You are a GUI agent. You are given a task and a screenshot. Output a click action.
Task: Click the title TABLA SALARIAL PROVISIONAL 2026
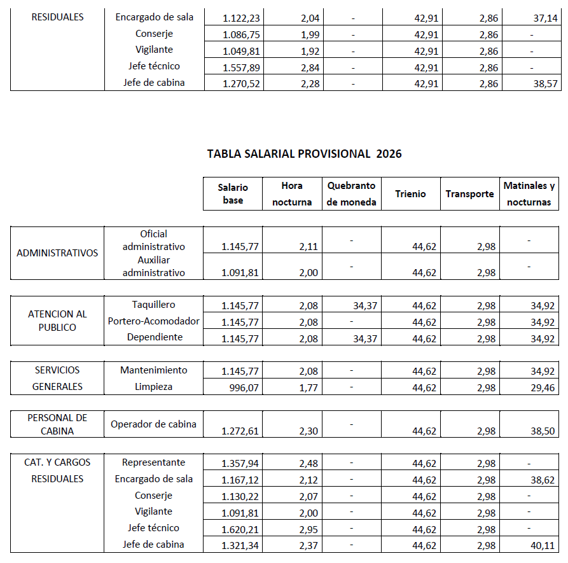coord(305,154)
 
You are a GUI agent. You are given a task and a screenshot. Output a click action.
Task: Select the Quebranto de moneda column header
coord(352,194)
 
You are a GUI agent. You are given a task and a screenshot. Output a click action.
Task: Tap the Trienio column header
coord(410,194)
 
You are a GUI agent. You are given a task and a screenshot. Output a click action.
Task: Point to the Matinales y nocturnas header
coord(529,194)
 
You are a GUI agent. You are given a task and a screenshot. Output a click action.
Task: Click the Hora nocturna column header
coord(292,194)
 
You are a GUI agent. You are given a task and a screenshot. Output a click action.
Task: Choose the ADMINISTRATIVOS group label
coord(57,253)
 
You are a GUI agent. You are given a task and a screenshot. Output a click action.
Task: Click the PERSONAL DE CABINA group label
coord(57,424)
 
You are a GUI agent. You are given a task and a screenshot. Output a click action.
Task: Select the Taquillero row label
coord(153,305)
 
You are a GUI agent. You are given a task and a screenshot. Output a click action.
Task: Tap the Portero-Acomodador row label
coord(154,321)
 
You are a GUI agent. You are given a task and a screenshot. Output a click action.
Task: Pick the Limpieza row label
coord(153,387)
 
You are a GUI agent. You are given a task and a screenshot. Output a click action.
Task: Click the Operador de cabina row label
coord(153,424)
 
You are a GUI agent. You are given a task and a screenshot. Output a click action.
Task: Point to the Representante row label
coord(153,462)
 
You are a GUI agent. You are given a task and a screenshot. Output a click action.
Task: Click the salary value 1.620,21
coord(240,529)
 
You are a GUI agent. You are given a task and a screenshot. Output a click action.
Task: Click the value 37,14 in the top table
coord(545,18)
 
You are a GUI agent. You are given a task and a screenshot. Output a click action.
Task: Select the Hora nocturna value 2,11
coord(308,247)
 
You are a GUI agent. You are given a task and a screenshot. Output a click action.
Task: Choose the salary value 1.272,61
coord(240,431)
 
